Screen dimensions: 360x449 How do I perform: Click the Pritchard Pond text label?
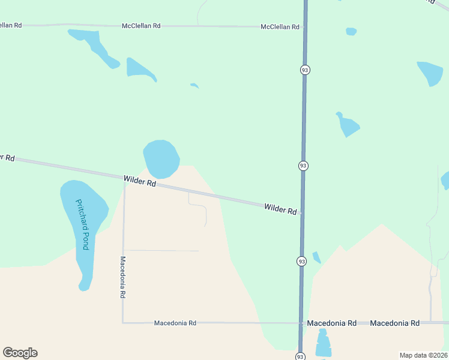pyautogui.click(x=82, y=224)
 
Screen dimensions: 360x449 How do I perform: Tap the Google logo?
pyautogui.click(x=20, y=353)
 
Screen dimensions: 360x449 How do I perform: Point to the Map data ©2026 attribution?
pyautogui.click(x=423, y=355)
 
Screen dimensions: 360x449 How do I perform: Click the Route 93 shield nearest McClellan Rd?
pyautogui.click(x=305, y=70)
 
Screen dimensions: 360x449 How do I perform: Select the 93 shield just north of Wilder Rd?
pyautogui.click(x=303, y=166)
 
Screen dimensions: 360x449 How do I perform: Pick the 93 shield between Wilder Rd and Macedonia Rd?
pyautogui.click(x=301, y=261)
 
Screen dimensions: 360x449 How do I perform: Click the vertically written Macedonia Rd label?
pyautogui.click(x=122, y=278)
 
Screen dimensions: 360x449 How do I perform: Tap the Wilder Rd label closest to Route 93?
pyautogui.click(x=280, y=209)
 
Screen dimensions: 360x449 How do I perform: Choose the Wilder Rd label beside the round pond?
pyautogui.click(x=140, y=181)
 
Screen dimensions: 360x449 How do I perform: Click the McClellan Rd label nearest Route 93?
pyautogui.click(x=280, y=27)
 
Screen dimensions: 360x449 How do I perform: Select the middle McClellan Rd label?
pyautogui.click(x=141, y=26)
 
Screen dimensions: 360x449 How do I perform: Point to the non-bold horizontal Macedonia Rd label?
pyautogui.click(x=175, y=323)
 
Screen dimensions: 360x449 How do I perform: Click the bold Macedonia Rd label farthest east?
pyautogui.click(x=394, y=323)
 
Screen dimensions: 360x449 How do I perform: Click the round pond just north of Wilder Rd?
pyautogui.click(x=161, y=158)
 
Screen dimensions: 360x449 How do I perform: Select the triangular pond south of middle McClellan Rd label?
pyautogui.click(x=139, y=69)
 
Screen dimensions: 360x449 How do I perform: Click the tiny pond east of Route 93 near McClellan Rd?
pyautogui.click(x=351, y=31)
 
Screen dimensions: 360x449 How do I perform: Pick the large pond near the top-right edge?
pyautogui.click(x=430, y=73)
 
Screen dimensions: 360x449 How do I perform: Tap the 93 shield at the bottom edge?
pyautogui.click(x=300, y=356)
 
